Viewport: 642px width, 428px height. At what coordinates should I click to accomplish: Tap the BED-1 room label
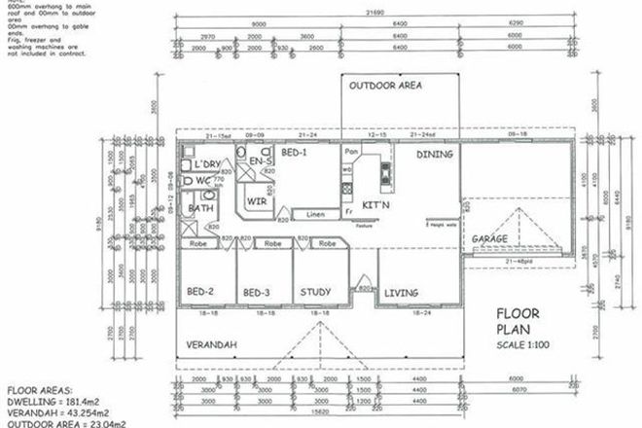[x=295, y=154]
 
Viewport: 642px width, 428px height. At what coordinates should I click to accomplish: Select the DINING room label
[x=434, y=154]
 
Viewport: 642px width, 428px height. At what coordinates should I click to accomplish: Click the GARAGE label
[x=489, y=237]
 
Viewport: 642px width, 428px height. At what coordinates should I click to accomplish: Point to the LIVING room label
[x=402, y=292]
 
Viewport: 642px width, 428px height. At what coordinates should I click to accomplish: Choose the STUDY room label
[x=315, y=292]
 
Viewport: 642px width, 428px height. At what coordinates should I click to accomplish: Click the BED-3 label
[x=257, y=293]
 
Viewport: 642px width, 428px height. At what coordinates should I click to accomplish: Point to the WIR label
[x=257, y=201]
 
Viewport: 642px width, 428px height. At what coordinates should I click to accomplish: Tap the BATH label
[x=200, y=209]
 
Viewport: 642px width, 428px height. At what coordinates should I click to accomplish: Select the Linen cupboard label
[x=314, y=214]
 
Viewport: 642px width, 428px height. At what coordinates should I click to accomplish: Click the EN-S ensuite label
[x=259, y=160]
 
